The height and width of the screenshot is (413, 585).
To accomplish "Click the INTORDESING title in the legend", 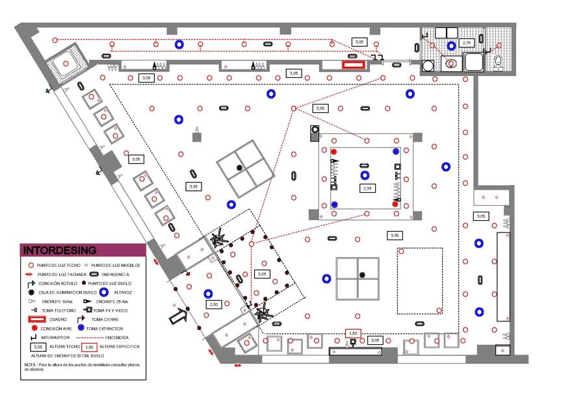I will click(x=60, y=250).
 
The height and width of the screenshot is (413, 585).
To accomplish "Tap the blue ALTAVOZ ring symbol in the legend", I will click(x=103, y=292).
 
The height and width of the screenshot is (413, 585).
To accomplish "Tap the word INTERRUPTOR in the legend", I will click(x=54, y=338).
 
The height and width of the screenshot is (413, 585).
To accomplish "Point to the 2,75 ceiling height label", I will click(x=466, y=43).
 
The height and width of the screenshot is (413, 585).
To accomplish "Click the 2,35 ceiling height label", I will click(x=367, y=188).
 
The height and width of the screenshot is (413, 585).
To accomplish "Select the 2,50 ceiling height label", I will click(x=213, y=304).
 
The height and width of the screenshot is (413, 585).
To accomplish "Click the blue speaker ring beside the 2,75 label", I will click(x=451, y=46).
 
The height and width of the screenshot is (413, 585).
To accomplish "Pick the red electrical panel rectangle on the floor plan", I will click(x=354, y=64).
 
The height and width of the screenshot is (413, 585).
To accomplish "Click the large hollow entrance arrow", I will click(x=177, y=317).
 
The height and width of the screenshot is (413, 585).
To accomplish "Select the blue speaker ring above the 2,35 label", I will click(x=365, y=175).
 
